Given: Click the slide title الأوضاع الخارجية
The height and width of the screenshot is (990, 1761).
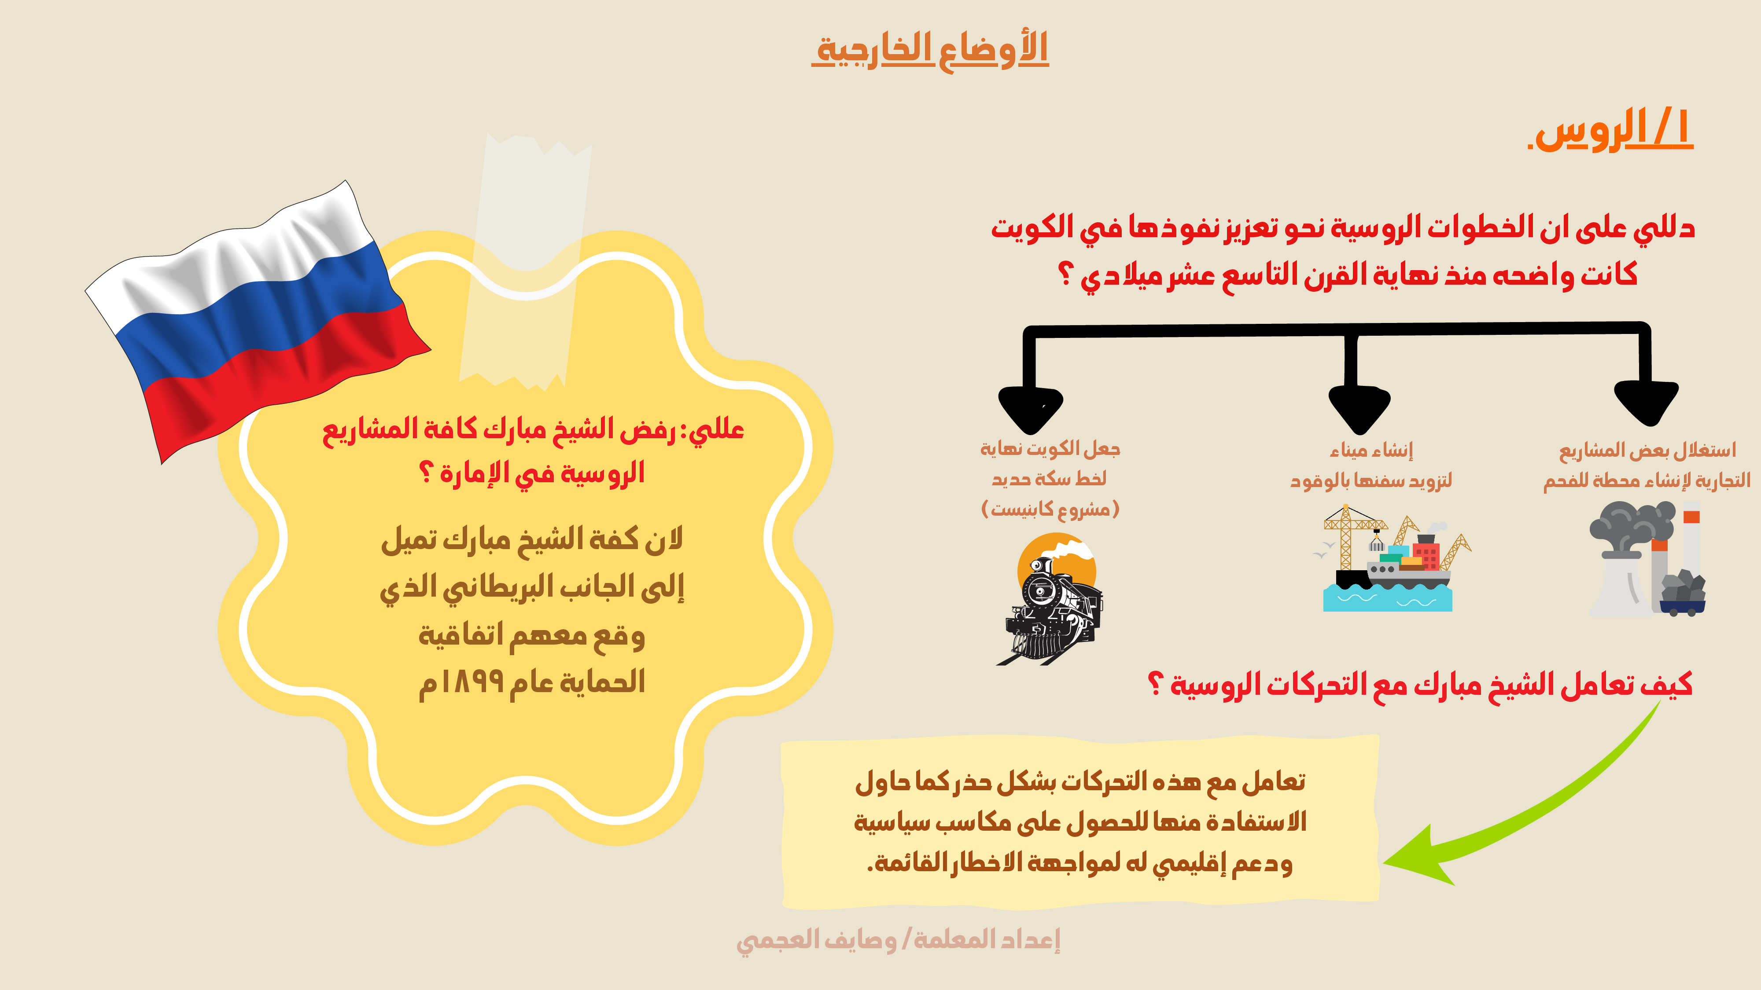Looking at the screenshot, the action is (x=930, y=49).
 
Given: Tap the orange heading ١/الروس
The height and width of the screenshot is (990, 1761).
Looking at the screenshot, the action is (x=1611, y=130).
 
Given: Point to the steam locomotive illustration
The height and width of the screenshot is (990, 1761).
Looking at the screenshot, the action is (x=1051, y=598).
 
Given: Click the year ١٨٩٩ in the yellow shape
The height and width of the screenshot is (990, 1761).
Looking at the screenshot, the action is (x=472, y=681).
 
